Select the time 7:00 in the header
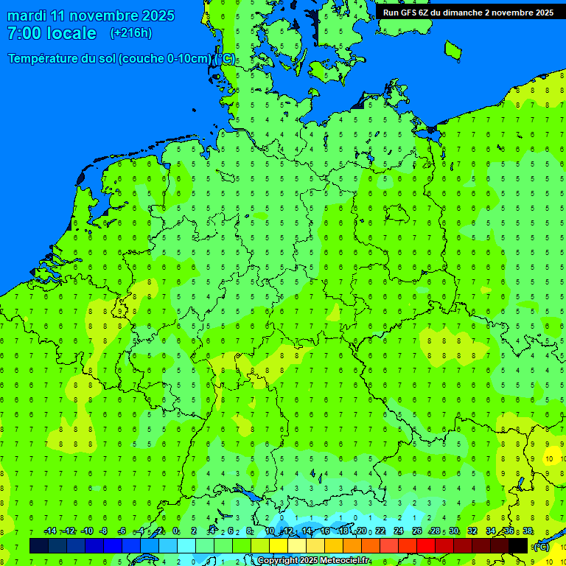24,33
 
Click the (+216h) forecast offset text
131,33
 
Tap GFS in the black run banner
410,13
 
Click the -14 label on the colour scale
50,531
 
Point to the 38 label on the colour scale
528,531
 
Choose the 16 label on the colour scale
325,531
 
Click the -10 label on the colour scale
86,531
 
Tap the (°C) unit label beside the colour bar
541,546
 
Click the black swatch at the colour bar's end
518,545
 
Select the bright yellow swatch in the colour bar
279,545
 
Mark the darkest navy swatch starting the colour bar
39,545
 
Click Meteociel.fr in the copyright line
344,561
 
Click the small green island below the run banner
453,49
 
